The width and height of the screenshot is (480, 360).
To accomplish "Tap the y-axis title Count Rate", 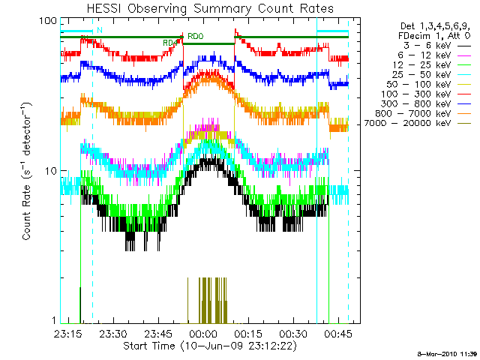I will pos(27,171).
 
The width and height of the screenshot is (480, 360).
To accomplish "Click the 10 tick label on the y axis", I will pos(49,171).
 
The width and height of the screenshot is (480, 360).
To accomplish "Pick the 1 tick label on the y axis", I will pos(52,321).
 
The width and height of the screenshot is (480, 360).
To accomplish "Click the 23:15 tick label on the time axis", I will pos(68,333).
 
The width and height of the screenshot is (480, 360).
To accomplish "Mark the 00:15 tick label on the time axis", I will pos(247,333).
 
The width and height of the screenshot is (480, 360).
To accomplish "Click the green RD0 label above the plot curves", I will pos(195,36).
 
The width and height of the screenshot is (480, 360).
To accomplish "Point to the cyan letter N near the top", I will pos(98,31).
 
